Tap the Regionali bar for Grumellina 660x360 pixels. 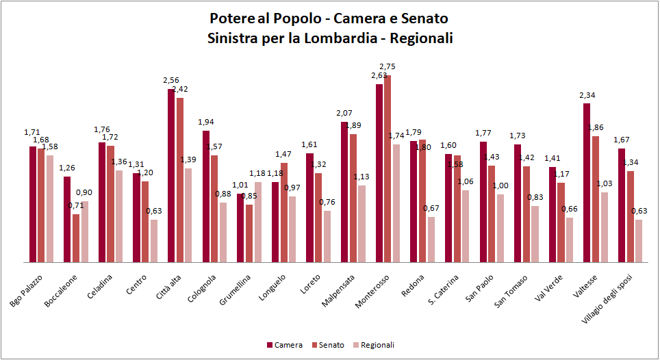tap(258, 222)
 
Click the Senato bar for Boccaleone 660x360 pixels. tap(76, 238)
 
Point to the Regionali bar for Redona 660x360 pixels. tap(431, 240)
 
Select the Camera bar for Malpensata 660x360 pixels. tap(344, 192)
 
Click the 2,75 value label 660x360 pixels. tap(388, 66)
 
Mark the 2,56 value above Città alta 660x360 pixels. tap(170, 80)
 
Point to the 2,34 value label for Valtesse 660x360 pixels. tap(587, 95)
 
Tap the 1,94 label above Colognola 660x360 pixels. tap(205, 122)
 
